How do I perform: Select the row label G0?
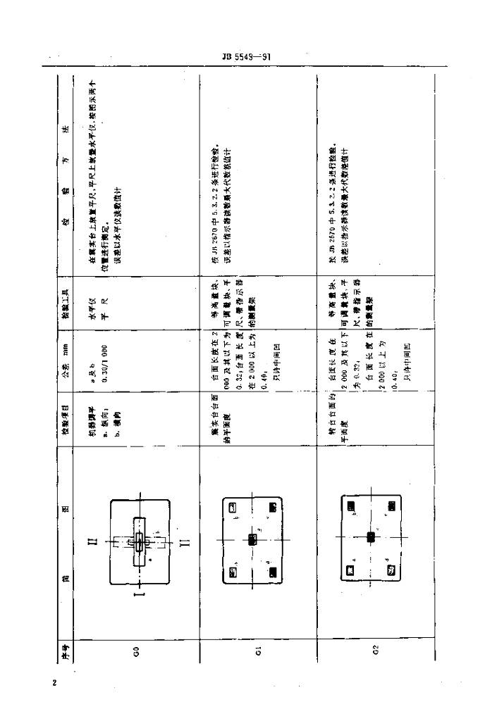coord(138,651)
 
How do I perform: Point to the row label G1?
coord(259,651)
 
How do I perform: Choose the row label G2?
coord(377,651)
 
